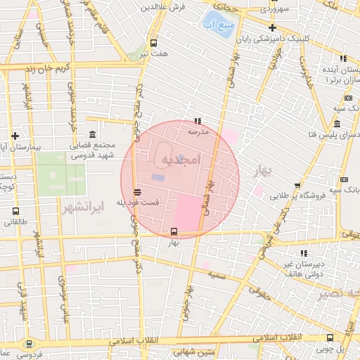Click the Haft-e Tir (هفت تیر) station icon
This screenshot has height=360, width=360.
pos(153,42)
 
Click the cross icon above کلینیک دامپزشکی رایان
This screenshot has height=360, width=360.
pos(272,27)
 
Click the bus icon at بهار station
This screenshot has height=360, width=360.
pos(174,231)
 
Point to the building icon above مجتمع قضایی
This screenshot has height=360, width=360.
pos(92,135)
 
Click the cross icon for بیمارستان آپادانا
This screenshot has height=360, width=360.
pos(15,136)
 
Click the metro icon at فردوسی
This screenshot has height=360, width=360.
pos(29,344)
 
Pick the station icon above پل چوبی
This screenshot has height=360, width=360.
pos(330,337)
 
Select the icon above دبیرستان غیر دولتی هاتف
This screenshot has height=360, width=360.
pos(304,253)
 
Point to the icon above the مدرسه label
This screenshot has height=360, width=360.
pos(197,121)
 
